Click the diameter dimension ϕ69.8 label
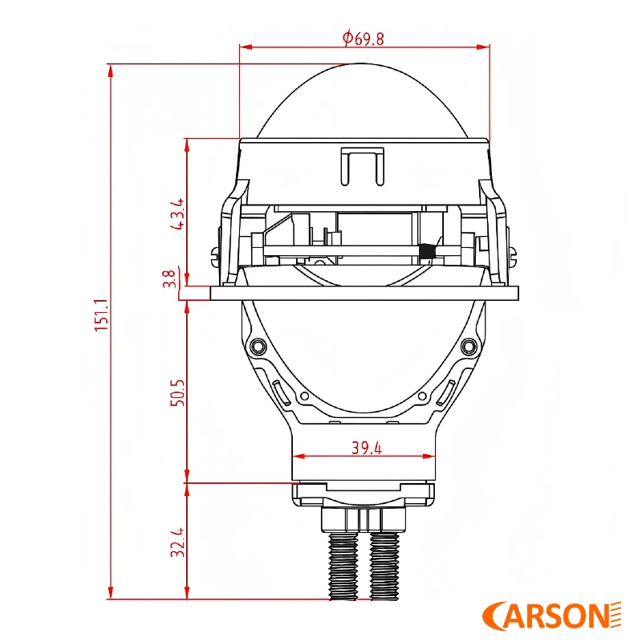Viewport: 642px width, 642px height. (363, 37)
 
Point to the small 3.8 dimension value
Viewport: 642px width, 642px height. (169, 278)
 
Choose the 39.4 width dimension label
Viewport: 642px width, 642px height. (366, 448)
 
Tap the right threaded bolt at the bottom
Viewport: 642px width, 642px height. (384, 566)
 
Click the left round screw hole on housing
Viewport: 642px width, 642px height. (258, 346)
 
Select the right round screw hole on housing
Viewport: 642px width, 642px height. (469, 346)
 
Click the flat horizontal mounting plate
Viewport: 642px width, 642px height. (364, 293)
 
